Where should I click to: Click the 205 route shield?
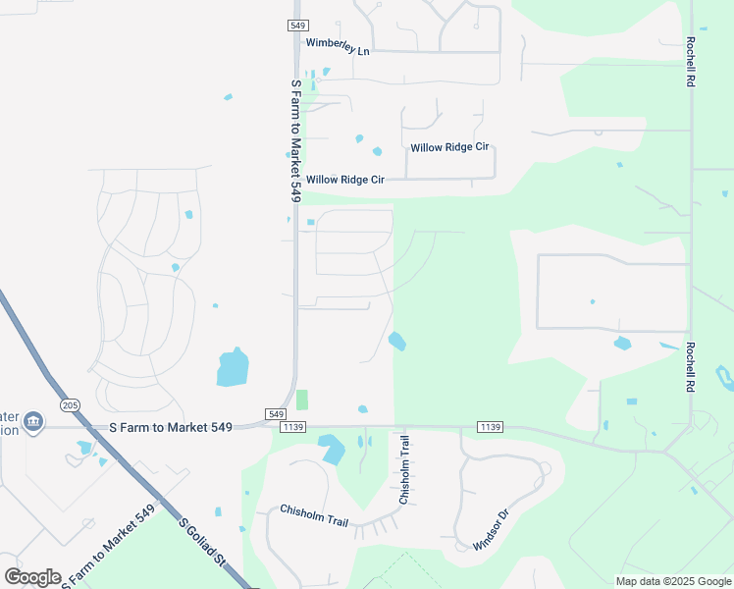click(x=69, y=404)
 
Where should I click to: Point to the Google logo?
click(x=32, y=577)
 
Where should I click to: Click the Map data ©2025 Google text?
click(x=671, y=581)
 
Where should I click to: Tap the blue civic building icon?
click(x=33, y=421)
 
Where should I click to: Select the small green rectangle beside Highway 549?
click(x=302, y=400)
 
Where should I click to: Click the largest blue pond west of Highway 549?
click(x=233, y=367)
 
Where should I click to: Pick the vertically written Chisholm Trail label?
click(x=403, y=471)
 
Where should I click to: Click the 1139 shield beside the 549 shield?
click(x=293, y=426)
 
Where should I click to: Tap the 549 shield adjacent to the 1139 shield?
click(x=275, y=414)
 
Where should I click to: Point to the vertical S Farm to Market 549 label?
click(x=294, y=141)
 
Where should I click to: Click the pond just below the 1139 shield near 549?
click(x=332, y=449)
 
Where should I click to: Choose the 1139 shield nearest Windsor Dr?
click(x=490, y=426)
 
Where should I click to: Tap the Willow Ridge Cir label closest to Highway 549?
click(x=344, y=180)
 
